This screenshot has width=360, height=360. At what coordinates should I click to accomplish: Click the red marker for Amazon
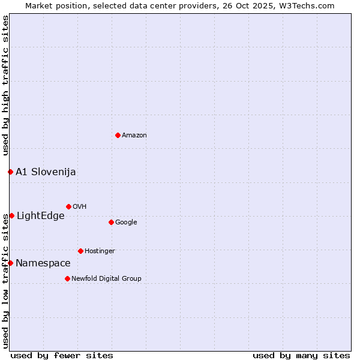pos(118,135)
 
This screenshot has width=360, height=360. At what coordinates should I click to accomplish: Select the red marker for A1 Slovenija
pos(10,172)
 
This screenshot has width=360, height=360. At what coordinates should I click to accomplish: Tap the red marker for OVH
pos(68,206)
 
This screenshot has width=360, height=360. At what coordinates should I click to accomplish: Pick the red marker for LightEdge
pos(11,215)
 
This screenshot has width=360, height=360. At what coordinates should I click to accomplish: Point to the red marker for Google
pos(111,222)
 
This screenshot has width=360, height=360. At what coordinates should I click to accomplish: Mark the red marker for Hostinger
pos(80,251)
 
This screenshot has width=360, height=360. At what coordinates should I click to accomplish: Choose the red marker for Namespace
pos(10,263)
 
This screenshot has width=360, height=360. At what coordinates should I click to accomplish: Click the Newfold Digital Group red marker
pos(67,278)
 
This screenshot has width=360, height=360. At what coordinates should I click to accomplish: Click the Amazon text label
pos(134,136)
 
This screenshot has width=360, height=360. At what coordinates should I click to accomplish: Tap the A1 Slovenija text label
pos(46,172)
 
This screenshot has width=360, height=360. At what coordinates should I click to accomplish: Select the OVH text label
pos(80,207)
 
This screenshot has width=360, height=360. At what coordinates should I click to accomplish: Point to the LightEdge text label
pos(41,216)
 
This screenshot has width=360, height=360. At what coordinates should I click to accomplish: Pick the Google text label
pos(126,223)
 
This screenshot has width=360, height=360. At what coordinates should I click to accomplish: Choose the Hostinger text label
pos(100,251)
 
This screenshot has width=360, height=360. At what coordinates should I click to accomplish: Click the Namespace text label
pos(43,263)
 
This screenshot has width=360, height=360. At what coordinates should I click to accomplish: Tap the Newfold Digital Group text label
pos(106,278)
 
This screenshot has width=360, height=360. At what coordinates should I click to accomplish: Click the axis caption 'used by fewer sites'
pos(62,355)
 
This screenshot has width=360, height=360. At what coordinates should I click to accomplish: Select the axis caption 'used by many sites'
pos(301,355)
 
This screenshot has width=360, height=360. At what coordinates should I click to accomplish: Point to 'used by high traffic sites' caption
pos(6,85)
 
